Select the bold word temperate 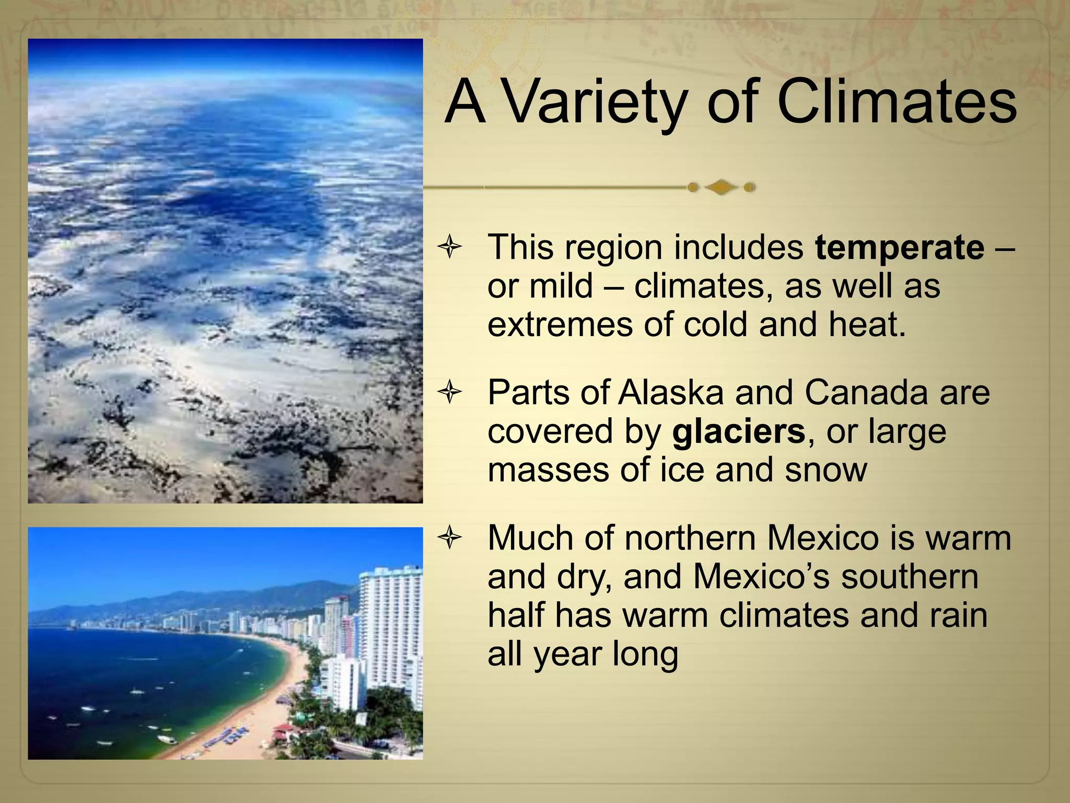click(x=899, y=247)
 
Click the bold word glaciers click(x=738, y=432)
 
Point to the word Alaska click(x=670, y=393)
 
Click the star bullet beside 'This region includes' click(x=450, y=247)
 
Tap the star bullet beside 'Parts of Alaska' click(x=450, y=393)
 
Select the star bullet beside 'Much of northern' click(x=450, y=538)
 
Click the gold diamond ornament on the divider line click(x=721, y=187)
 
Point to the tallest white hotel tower click(x=389, y=627)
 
